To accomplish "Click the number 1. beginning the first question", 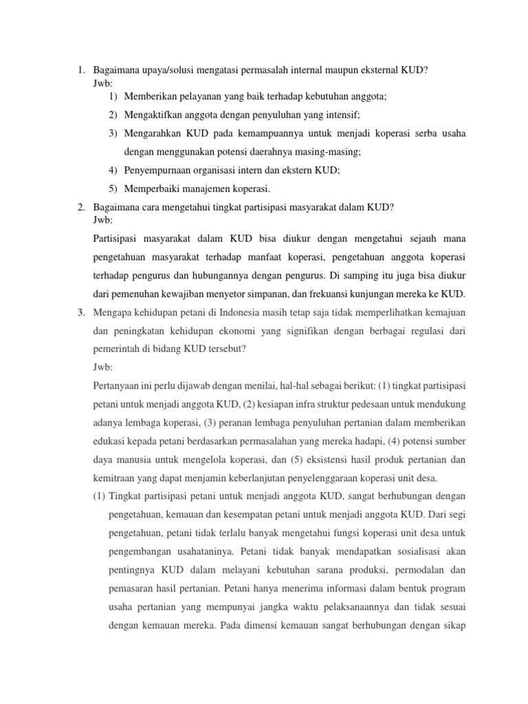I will point(80,69).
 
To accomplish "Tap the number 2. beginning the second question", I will point(80,208).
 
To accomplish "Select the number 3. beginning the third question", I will point(80,313).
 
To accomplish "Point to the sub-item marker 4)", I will point(113,170).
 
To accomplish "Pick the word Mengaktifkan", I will point(153,115).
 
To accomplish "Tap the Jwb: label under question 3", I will point(101,368).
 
